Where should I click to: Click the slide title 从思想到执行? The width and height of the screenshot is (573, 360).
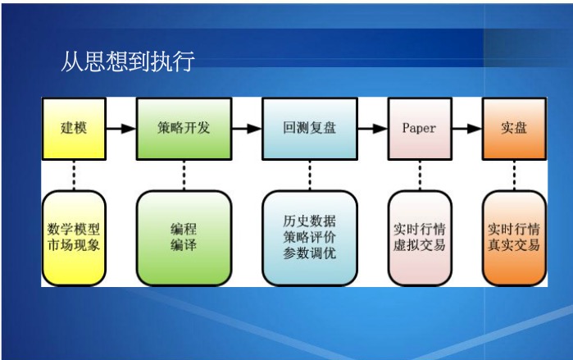coord(128,62)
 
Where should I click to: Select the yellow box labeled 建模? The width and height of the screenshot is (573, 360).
coord(74,129)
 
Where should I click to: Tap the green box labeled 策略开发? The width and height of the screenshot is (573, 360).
coord(184,129)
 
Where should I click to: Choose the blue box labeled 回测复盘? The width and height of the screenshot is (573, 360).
coord(310,129)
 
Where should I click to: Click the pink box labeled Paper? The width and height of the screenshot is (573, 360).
coord(420,129)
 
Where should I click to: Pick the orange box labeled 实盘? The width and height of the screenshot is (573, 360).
coord(514,129)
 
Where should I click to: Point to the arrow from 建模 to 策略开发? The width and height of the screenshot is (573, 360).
coord(121,129)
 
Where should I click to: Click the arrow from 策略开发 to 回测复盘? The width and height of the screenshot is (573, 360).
coord(247,129)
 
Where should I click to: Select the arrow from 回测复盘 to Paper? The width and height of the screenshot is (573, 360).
coord(372,129)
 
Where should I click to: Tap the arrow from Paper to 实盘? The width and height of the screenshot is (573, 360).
coord(467,129)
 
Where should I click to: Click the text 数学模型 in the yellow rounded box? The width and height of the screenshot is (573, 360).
coord(74,230)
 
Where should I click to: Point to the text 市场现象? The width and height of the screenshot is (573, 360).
coord(74,245)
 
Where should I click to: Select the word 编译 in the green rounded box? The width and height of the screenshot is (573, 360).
coord(184,245)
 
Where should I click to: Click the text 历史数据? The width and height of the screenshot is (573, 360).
coord(310,221)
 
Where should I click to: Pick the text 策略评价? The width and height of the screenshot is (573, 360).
coord(310,237)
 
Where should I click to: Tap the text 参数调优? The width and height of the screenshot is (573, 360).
coord(310,253)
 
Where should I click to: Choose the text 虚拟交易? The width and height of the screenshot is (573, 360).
coord(420,245)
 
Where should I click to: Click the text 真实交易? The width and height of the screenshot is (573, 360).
coord(514,245)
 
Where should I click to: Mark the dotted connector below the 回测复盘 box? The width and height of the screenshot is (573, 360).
coord(310,175)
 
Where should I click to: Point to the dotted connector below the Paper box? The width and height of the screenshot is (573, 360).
coord(420,175)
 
